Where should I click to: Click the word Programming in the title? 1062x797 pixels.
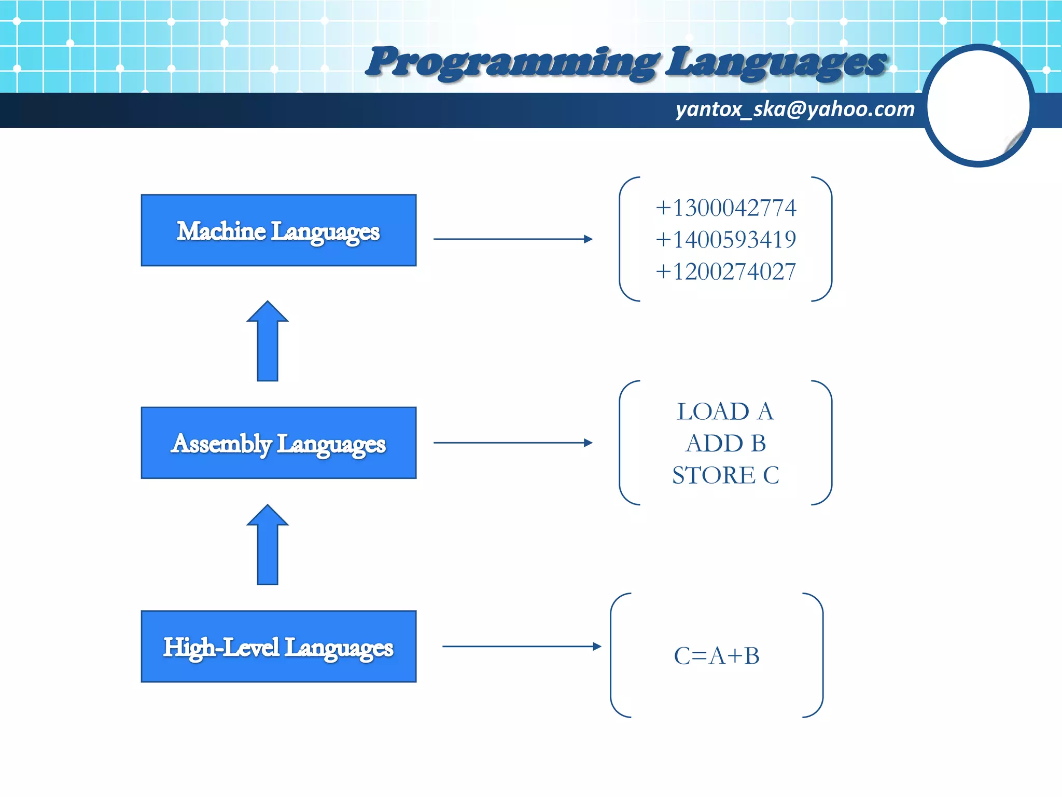coord(511,62)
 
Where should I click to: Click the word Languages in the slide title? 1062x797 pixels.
coord(775,62)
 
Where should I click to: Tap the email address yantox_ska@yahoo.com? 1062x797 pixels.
coord(794,109)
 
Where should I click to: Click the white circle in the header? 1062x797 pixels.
coord(978,106)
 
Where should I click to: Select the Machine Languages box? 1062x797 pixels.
coord(278,230)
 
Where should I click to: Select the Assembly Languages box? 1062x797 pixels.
coord(278,443)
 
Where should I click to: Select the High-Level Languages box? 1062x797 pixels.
coord(278,647)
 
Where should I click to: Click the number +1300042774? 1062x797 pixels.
coord(725,208)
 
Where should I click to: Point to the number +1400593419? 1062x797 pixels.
coord(725,240)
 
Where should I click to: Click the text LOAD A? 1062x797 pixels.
coord(725,412)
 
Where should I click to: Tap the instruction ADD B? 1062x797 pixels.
coord(725,444)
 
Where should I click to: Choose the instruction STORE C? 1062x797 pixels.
coord(725,475)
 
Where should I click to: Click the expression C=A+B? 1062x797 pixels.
coord(717,656)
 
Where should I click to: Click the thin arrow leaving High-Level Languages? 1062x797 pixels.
coord(521,647)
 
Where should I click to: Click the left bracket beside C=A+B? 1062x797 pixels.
coord(612,655)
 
